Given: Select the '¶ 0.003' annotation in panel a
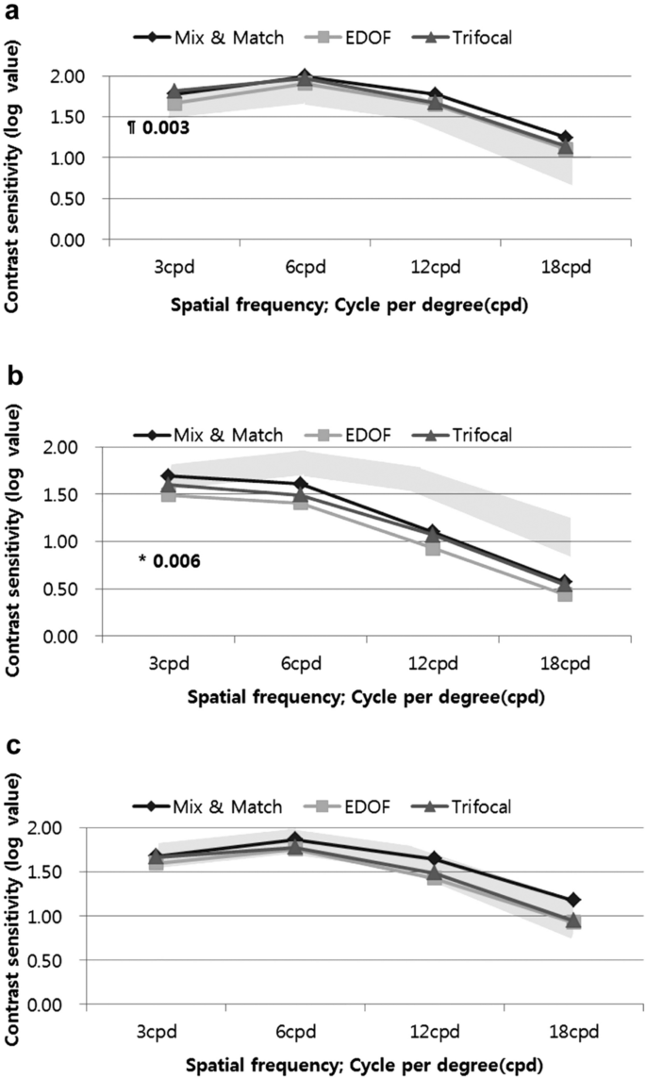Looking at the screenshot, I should click(x=159, y=126).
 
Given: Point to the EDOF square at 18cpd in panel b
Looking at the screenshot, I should click(x=565, y=593).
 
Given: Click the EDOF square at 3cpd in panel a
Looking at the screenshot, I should click(x=174, y=104).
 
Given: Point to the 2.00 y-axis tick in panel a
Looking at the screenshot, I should click(x=72, y=76).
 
